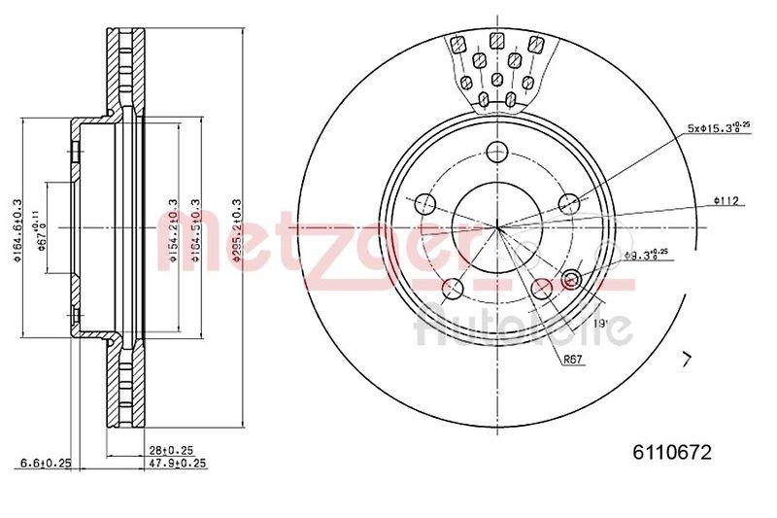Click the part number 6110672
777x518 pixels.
(x=672, y=452)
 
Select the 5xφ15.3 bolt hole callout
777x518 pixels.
(x=719, y=128)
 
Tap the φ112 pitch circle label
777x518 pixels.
(x=726, y=200)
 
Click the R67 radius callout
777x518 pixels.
(x=573, y=359)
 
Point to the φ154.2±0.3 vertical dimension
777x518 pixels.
(x=173, y=229)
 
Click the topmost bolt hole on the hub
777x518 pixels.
(x=497, y=152)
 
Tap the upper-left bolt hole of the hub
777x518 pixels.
(x=425, y=204)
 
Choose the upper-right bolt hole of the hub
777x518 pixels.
(x=569, y=204)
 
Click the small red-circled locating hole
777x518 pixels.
(x=570, y=281)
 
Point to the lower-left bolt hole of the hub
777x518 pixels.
(x=453, y=289)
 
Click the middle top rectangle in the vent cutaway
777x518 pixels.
(x=497, y=41)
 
